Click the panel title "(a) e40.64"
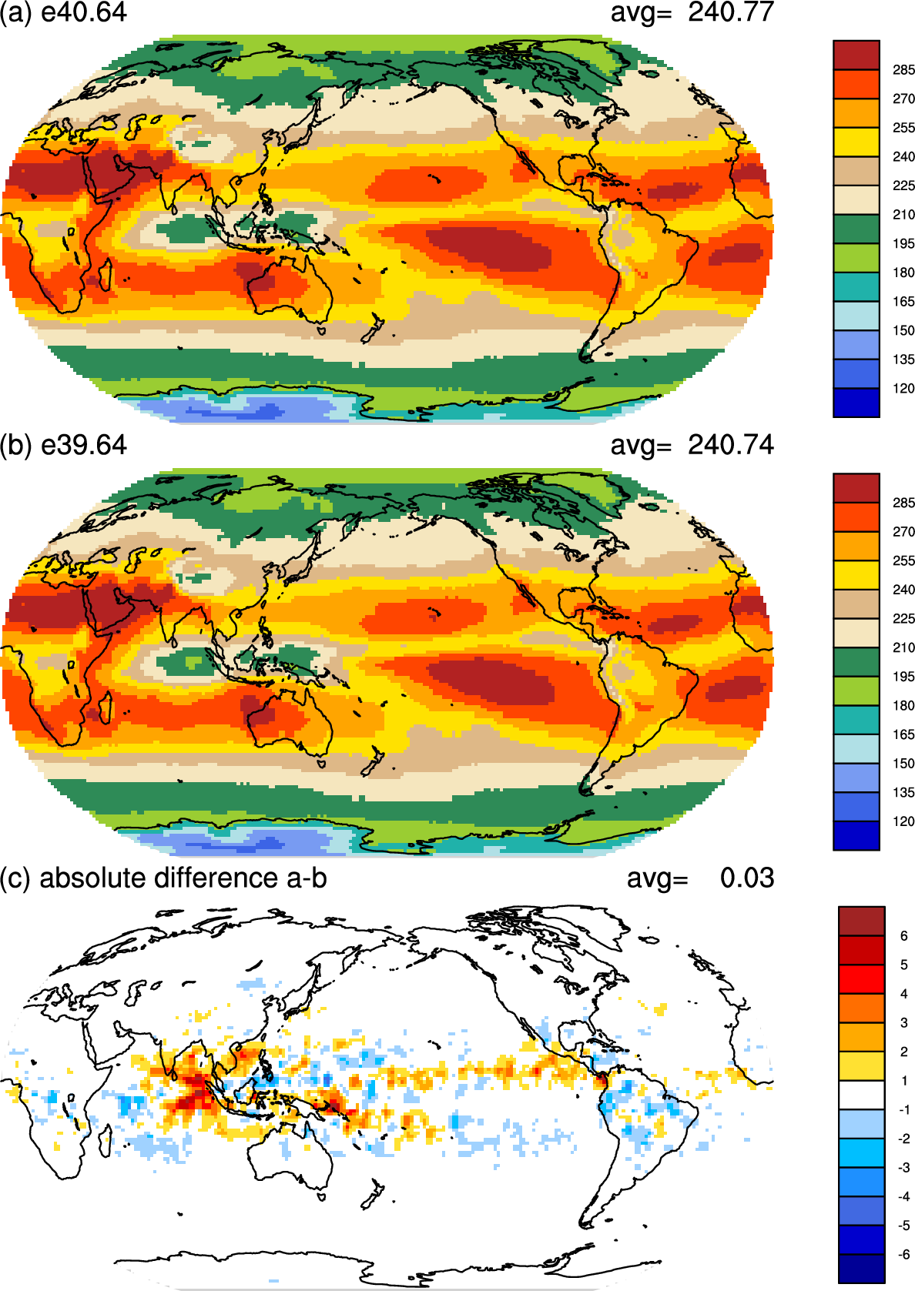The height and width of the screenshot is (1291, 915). [x=63, y=13]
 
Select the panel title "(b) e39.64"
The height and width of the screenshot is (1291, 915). [x=63, y=445]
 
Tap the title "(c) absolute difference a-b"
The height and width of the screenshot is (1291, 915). [x=163, y=878]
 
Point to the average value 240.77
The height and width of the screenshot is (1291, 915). [x=730, y=12]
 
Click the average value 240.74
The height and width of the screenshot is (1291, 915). [x=730, y=445]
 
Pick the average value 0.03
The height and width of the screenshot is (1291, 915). [x=746, y=878]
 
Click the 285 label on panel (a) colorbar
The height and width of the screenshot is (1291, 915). [x=903, y=70]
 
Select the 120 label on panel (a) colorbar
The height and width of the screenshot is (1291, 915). [x=903, y=389]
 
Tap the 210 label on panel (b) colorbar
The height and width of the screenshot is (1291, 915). [x=903, y=647]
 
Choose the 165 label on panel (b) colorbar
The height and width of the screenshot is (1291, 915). [x=903, y=734]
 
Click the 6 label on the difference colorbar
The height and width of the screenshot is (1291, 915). [x=903, y=936]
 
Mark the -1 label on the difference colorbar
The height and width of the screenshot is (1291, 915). [x=903, y=1110]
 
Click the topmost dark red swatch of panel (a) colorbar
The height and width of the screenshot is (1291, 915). [x=856, y=55]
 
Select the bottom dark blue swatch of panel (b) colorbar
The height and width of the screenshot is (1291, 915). [x=856, y=835]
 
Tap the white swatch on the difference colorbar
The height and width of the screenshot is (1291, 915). [x=861, y=1095]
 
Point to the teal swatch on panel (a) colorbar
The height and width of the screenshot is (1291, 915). [x=856, y=286]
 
